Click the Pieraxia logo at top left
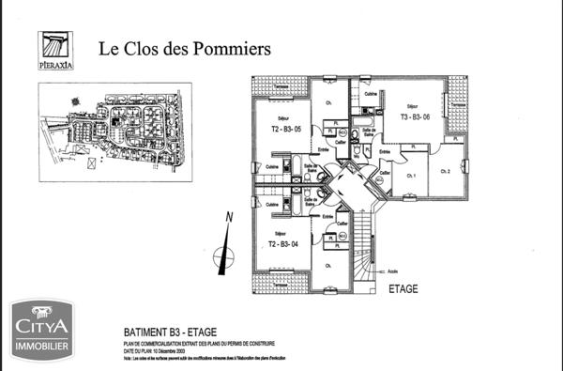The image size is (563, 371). (55, 51)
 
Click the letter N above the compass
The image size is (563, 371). (228, 219)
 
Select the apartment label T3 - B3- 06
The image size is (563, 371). (415, 117)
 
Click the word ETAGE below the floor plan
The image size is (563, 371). (405, 290)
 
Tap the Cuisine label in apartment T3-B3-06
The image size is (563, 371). (371, 95)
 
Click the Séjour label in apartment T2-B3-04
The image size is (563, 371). (279, 233)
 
